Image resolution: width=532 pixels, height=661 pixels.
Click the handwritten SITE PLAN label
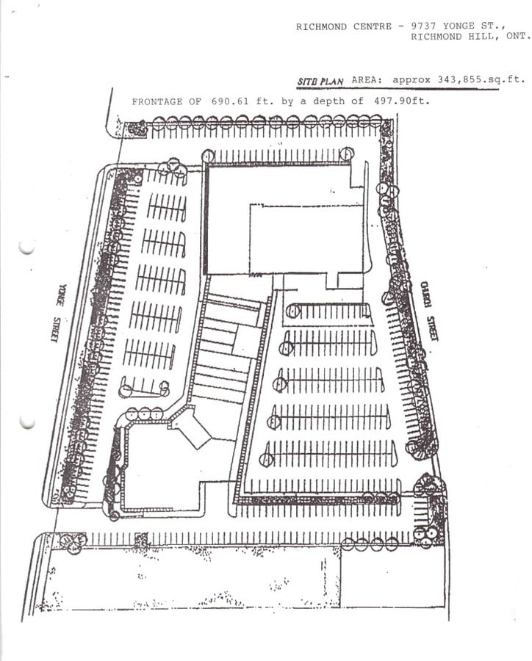(320, 81)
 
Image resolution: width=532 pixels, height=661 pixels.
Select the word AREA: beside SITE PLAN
(367, 79)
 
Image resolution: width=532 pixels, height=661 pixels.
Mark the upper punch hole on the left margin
(26, 247)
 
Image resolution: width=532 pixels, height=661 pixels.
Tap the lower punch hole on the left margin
(27, 422)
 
